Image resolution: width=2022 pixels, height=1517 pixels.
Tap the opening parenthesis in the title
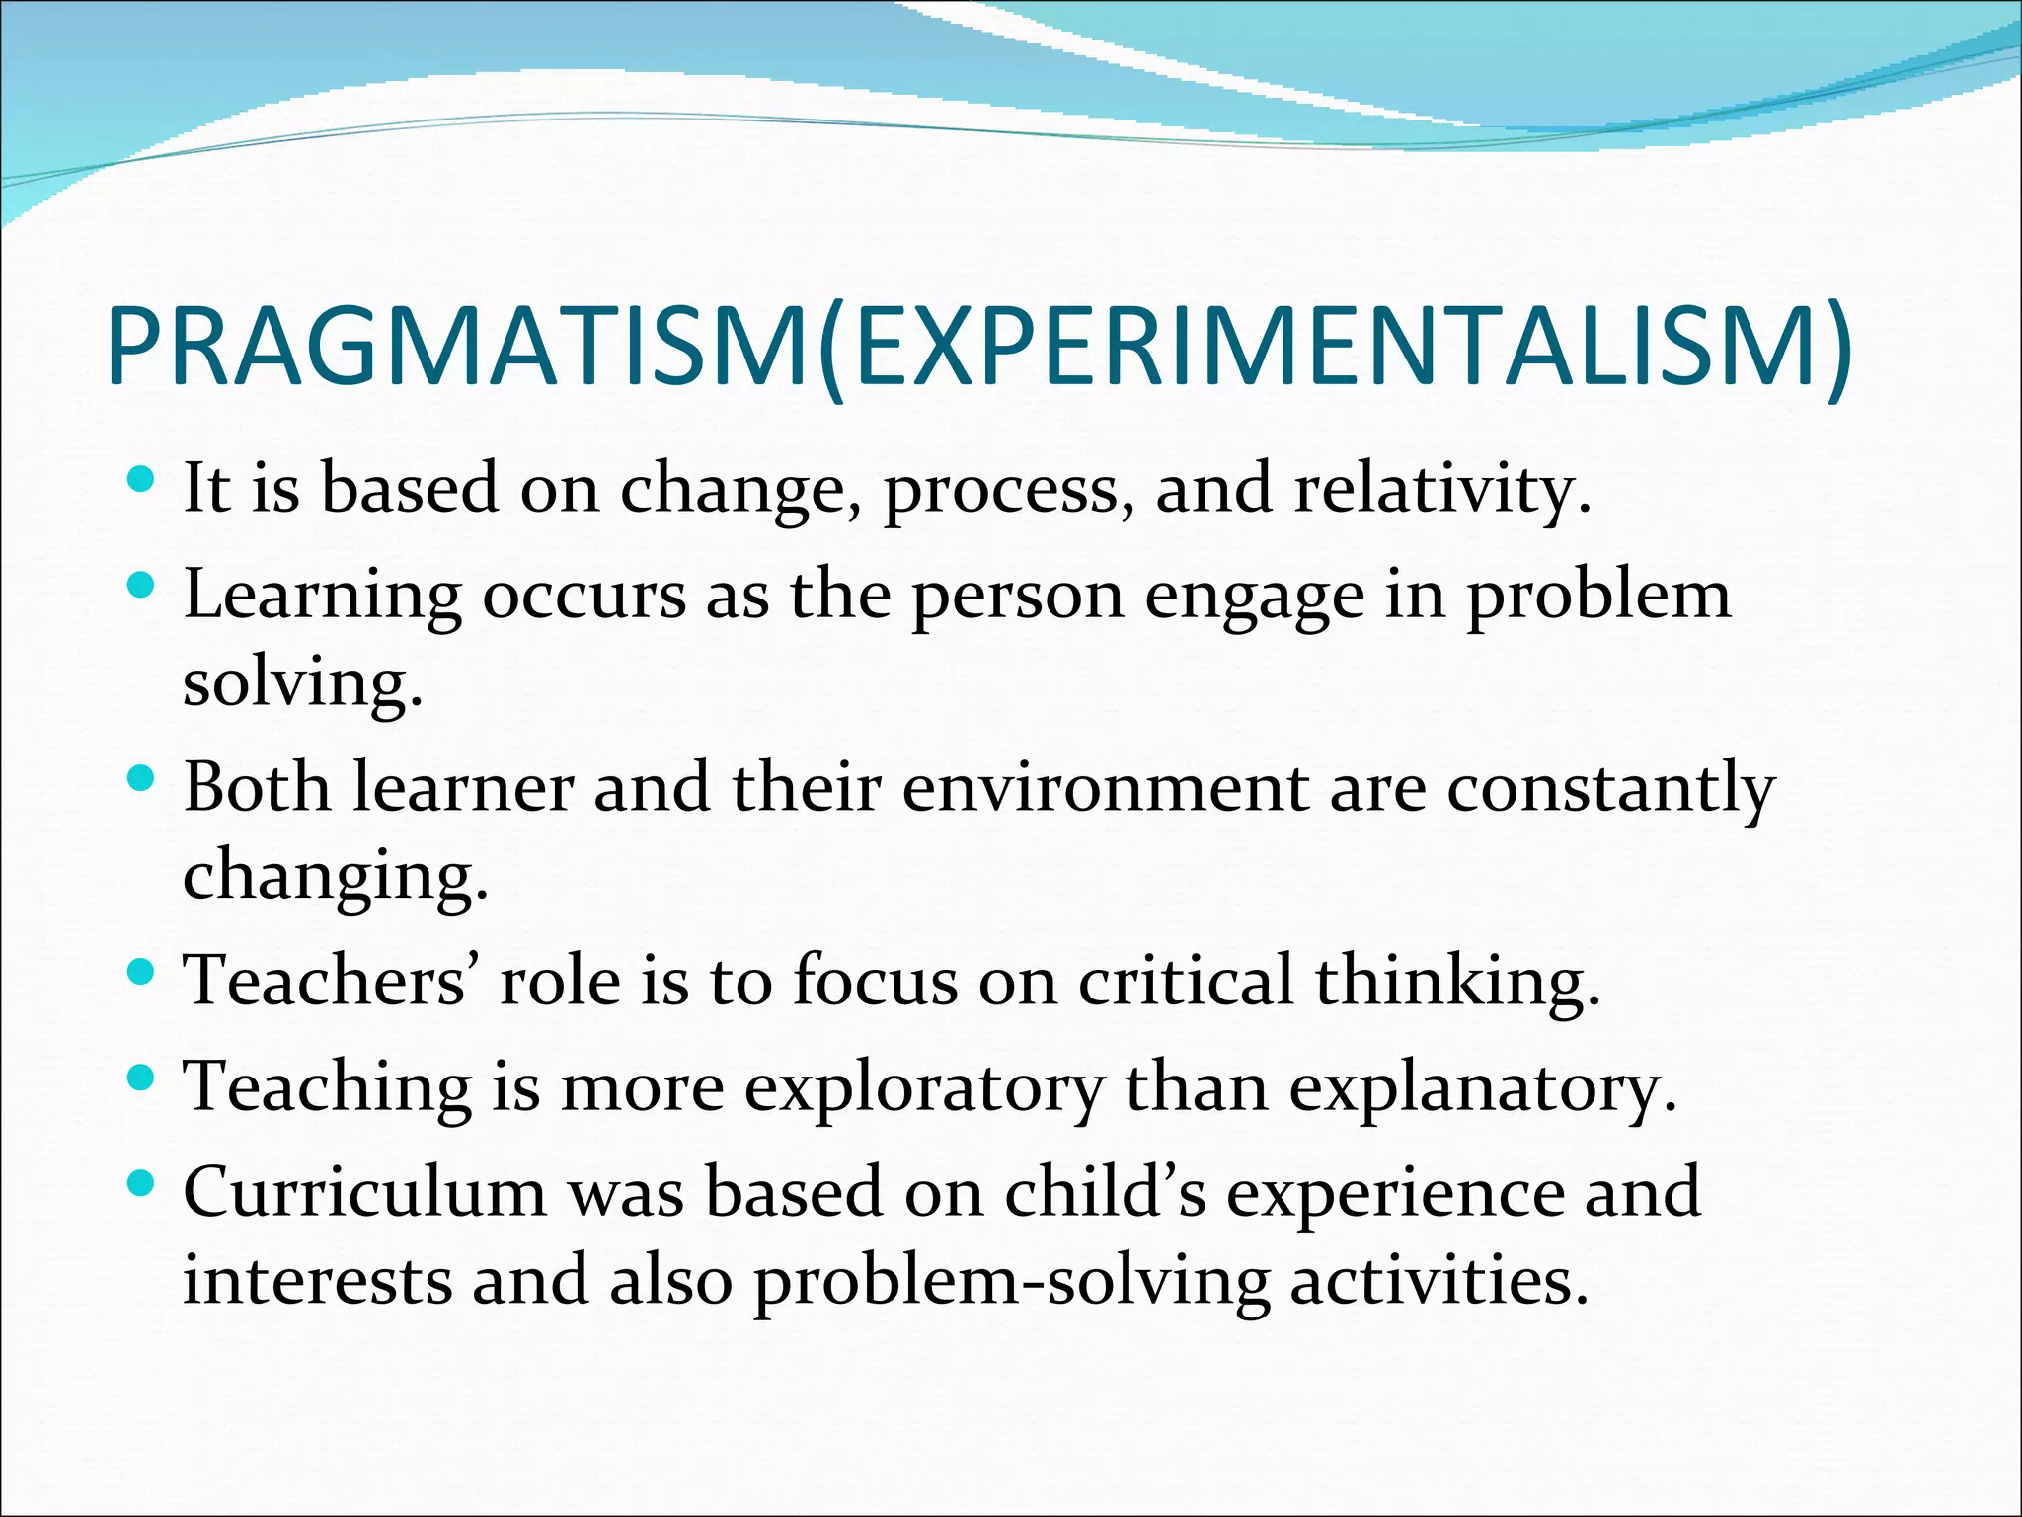(831, 351)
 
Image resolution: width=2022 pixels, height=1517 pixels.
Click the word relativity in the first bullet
(1441, 489)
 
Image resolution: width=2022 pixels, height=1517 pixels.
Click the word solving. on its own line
(302, 683)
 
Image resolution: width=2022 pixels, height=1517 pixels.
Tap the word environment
(1105, 789)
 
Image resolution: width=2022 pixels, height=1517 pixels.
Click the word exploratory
(924, 1089)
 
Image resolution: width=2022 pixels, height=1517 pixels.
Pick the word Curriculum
(364, 1192)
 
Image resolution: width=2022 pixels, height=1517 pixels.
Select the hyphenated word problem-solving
(1012, 1282)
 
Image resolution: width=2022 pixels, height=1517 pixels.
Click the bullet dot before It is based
(142, 481)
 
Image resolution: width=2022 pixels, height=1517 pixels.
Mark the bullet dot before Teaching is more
(142, 1078)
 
